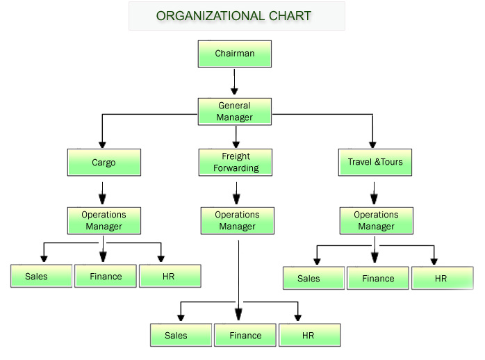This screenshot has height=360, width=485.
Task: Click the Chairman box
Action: pos(234,54)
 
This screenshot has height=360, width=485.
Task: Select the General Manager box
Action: pos(234,111)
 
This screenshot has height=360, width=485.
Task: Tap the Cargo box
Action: pos(104,163)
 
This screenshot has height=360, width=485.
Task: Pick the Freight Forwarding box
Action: pos(235,162)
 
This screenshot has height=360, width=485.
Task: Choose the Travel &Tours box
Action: pos(375,163)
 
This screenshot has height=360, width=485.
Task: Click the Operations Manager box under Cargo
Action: pos(104,220)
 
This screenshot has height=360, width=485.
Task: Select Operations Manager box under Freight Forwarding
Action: pos(237,220)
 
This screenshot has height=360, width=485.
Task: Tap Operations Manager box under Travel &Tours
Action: pos(376,220)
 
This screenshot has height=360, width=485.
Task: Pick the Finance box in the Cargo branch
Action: pos(106,276)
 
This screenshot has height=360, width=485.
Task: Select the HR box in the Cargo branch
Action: pos(170,276)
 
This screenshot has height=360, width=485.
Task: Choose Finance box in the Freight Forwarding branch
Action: pos(245,335)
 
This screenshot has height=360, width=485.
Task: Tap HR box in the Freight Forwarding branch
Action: pos(309,335)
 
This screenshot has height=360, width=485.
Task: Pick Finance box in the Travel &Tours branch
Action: pos(378,278)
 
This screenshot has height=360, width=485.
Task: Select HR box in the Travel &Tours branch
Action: pos(442,278)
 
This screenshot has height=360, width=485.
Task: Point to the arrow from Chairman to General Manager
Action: pos(234,82)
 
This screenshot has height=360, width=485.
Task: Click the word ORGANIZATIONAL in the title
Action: pos(202,15)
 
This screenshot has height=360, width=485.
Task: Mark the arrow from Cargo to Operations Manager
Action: pos(103,191)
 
